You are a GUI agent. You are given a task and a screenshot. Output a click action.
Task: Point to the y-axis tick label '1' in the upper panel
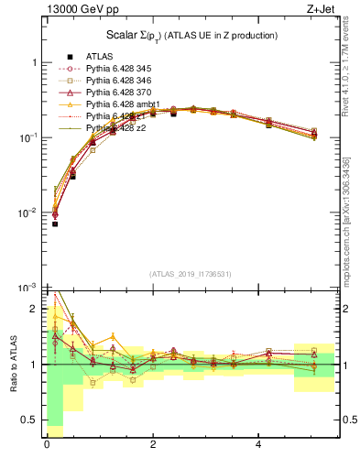pyautogui.click(x=34, y=62)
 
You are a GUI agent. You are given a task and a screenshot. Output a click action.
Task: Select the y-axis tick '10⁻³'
pyautogui.click(x=29, y=288)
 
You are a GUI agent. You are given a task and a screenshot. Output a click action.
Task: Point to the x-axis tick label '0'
pyautogui.click(x=47, y=445)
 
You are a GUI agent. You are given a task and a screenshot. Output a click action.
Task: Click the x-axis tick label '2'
pyautogui.click(x=152, y=445)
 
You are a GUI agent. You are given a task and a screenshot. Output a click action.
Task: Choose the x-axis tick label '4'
pyautogui.click(x=259, y=445)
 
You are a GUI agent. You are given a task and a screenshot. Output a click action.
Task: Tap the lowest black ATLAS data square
pyautogui.click(x=55, y=224)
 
